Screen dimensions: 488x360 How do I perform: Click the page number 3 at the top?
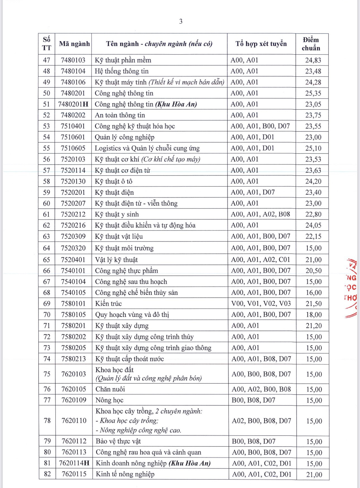click(181, 21)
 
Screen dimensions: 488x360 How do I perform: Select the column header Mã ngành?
click(74, 44)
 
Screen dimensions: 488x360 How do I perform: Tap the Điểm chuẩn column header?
click(311, 44)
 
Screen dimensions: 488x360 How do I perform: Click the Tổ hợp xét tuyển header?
click(261, 44)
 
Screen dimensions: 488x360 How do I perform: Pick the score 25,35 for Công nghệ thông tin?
click(313, 93)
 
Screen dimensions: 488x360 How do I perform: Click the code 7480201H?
click(73, 104)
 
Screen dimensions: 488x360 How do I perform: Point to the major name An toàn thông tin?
click(120, 115)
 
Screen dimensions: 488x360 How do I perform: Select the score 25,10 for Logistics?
click(313, 148)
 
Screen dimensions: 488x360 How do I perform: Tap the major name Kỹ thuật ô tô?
click(114, 181)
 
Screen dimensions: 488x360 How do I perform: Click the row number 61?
click(47, 214)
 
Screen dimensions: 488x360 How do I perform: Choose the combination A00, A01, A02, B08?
click(260, 214)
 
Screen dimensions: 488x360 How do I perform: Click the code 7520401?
click(73, 260)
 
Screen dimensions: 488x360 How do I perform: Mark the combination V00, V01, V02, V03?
click(261, 304)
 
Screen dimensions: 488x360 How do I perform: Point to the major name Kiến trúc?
click(109, 304)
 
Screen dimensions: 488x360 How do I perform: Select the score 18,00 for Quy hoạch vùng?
click(314, 315)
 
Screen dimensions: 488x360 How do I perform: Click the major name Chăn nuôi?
click(110, 389)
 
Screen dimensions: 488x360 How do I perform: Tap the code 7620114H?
click(74, 463)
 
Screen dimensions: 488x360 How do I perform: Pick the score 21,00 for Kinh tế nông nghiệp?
click(314, 475)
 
